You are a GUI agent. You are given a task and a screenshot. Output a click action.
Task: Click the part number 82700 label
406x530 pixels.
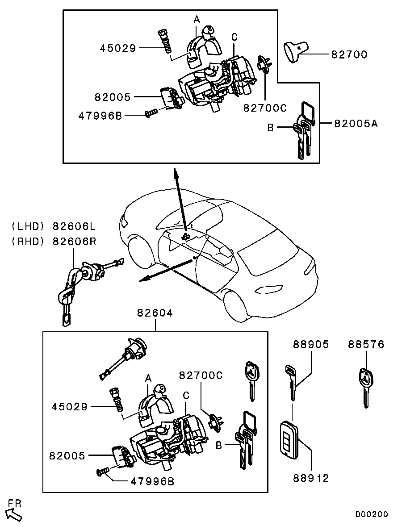click(x=349, y=55)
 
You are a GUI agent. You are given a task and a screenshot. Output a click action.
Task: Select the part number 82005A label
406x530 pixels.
click(x=356, y=123)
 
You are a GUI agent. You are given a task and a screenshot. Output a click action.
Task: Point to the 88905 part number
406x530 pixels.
click(x=311, y=344)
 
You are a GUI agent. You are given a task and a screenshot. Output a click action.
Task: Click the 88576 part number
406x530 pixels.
click(x=366, y=344)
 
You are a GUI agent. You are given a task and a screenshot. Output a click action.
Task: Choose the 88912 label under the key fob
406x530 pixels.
click(x=311, y=478)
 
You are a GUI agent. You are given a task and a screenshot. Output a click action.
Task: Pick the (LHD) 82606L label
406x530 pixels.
click(x=54, y=226)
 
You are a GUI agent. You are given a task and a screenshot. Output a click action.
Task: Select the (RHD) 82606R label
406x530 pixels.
click(x=54, y=241)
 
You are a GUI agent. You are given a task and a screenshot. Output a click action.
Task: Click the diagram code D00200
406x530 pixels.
click(x=372, y=514)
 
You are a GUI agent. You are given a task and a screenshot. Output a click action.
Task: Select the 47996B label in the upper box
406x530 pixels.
click(x=100, y=116)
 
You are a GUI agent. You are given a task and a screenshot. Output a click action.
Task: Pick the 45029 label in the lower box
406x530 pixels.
click(x=70, y=407)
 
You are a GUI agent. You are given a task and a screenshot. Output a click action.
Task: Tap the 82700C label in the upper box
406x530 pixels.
click(x=264, y=108)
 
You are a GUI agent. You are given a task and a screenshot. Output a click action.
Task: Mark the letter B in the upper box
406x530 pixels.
click(x=270, y=128)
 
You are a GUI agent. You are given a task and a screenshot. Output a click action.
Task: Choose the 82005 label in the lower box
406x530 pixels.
click(x=67, y=456)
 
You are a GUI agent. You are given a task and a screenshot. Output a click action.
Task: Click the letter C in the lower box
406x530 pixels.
click(x=186, y=396)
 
